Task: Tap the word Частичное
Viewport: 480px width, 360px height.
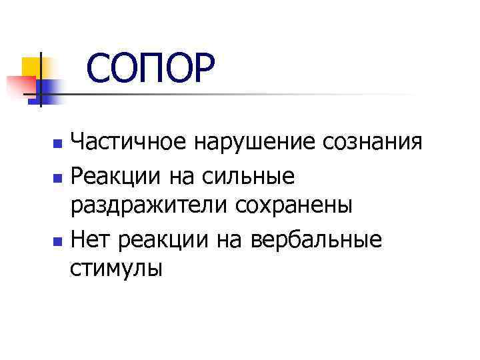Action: tap(131, 142)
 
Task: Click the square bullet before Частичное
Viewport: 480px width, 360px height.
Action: tap(58, 144)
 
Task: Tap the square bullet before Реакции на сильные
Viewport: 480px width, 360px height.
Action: tap(58, 179)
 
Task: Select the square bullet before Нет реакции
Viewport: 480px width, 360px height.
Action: tap(58, 239)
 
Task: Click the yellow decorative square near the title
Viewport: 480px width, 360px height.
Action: tap(31, 67)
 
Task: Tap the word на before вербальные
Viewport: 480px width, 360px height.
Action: tap(230, 238)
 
